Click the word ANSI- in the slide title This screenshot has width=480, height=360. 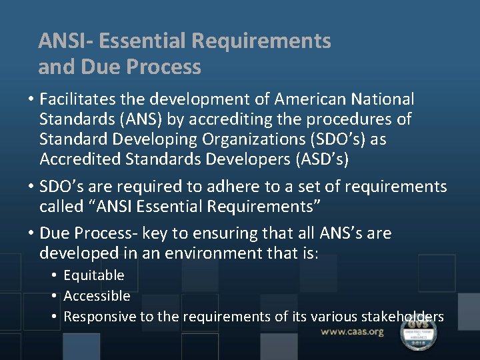(65, 41)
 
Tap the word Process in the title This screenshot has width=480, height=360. (169, 67)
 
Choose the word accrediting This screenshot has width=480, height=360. (215, 120)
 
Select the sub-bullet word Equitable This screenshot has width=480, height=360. (94, 275)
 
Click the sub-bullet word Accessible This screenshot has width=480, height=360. (97, 296)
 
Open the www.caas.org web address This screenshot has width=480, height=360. (352, 331)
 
